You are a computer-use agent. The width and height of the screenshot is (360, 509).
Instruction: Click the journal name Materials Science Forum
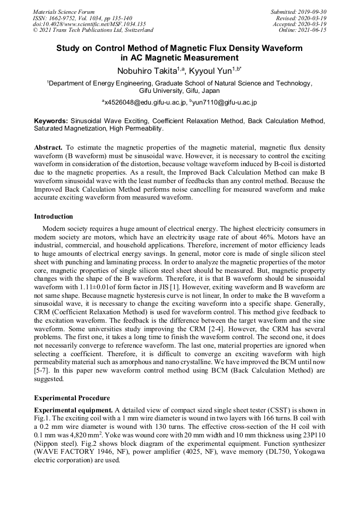tap(64, 12)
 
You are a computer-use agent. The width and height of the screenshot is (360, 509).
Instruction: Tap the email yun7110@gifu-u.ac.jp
tap(225, 102)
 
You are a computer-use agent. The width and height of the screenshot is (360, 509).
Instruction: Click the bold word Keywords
tap(50, 122)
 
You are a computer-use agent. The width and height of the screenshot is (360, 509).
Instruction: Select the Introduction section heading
tap(53, 217)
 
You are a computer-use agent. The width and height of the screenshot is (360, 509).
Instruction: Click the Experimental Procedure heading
tap(72, 398)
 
